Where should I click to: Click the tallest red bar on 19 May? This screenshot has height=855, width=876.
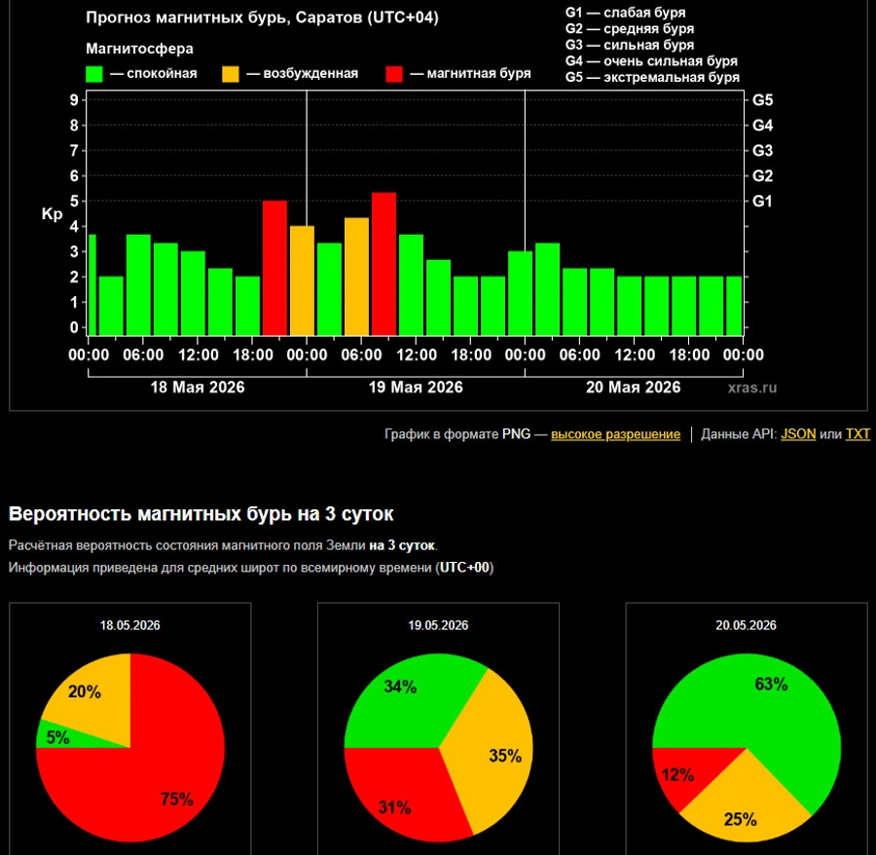tap(383, 264)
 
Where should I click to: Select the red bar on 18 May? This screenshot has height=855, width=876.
tap(274, 268)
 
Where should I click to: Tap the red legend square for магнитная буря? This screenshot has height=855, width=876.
tap(394, 74)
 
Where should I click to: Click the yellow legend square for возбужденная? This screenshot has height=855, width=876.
tap(230, 74)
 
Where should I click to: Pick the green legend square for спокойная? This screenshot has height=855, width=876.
tap(93, 74)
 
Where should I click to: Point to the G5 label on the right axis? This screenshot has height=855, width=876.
tap(762, 100)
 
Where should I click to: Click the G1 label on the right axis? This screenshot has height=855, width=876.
tap(762, 202)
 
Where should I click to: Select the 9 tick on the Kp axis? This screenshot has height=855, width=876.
tap(74, 100)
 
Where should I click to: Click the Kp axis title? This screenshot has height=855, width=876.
tap(52, 214)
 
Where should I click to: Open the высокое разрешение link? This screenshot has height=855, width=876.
tap(616, 434)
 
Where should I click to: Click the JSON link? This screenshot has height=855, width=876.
tap(798, 434)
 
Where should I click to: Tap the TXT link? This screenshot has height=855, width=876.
tap(858, 434)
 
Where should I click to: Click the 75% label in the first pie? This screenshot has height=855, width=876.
tap(177, 799)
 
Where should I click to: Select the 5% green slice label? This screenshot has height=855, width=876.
tap(58, 737)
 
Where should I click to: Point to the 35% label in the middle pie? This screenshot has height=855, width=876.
tap(505, 756)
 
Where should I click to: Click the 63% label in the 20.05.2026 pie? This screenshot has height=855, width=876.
tap(771, 684)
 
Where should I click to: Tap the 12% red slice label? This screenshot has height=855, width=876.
tap(677, 774)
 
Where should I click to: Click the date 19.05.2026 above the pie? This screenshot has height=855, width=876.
tap(438, 625)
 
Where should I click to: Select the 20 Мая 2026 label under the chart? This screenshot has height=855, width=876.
tap(633, 388)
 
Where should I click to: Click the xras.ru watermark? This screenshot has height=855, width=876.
tap(752, 388)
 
